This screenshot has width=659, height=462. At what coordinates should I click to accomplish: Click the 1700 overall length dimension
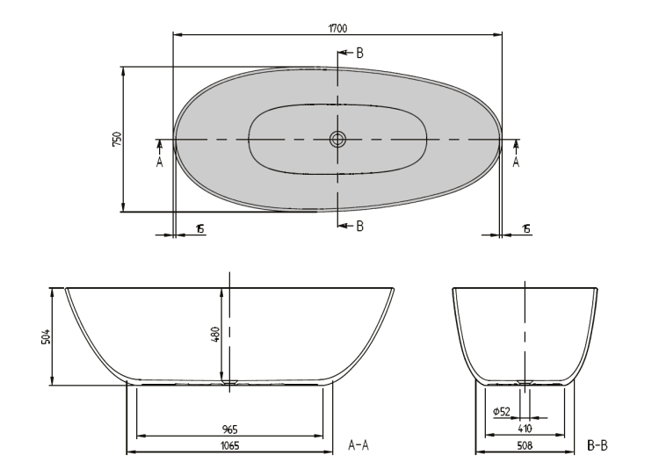pyautogui.click(x=337, y=29)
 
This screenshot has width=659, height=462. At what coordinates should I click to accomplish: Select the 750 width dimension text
pyautogui.click(x=117, y=139)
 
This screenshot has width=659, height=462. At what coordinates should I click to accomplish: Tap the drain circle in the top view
pyautogui.click(x=337, y=139)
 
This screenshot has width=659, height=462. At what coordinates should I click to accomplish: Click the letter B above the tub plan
pyautogui.click(x=359, y=53)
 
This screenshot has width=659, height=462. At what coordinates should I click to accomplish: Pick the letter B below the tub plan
pyautogui.click(x=359, y=226)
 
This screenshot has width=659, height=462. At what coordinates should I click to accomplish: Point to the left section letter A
pyautogui.click(x=159, y=162)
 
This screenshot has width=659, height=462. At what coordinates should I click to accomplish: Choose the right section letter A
pyautogui.click(x=516, y=162)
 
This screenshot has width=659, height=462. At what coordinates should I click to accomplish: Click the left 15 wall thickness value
pyautogui.click(x=200, y=229)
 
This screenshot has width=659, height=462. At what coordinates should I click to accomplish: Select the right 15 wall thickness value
pyautogui.click(x=526, y=229)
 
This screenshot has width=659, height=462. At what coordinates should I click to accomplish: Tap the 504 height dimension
pyautogui.click(x=46, y=336)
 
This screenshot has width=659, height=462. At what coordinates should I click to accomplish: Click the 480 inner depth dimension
pyautogui.click(x=214, y=335)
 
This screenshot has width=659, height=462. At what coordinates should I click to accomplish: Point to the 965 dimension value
pyautogui.click(x=230, y=430)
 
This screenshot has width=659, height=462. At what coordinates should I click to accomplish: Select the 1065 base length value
pyautogui.click(x=230, y=445)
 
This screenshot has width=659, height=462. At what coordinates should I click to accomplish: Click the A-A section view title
pyautogui.click(x=358, y=444)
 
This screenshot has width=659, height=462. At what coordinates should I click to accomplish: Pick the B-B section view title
pyautogui.click(x=597, y=445)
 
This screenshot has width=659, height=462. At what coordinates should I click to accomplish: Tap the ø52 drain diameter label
pyautogui.click(x=502, y=412)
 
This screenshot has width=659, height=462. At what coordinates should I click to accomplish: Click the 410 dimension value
pyautogui.click(x=525, y=429)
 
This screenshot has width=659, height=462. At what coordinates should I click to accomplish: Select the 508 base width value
pyautogui.click(x=525, y=445)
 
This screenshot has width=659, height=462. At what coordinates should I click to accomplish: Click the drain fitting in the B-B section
pyautogui.click(x=525, y=382)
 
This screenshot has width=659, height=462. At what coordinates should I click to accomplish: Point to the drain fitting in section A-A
pyautogui.click(x=229, y=382)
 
